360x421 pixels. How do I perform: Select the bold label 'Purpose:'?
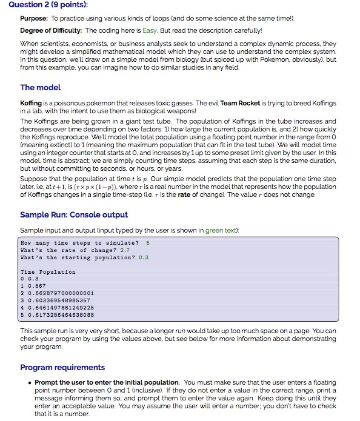[35, 18]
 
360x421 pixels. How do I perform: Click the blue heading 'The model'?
[41, 88]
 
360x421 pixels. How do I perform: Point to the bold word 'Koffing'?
[32, 103]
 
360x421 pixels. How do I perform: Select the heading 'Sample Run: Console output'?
[74, 214]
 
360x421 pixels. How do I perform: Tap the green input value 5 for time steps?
[147, 242]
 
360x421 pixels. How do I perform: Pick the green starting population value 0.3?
[144, 257]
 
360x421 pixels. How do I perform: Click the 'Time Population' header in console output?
[48, 272]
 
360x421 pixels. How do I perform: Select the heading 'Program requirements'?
[62, 367]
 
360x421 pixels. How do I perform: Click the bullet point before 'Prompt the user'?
[30, 383]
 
